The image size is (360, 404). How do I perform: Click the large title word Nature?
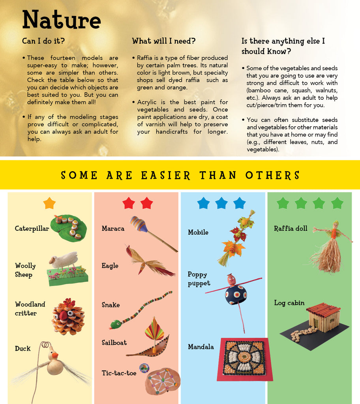(x=61, y=20)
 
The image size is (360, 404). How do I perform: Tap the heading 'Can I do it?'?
(x=43, y=41)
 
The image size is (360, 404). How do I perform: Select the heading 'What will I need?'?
(x=164, y=41)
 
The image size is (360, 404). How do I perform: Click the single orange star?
(x=49, y=203)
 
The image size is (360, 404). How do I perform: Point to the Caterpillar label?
(x=32, y=228)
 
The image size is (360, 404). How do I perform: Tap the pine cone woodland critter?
(x=68, y=317)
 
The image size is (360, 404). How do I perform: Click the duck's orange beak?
(x=55, y=355)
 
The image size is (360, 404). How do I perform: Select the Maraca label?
(x=113, y=228)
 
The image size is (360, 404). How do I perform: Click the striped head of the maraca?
(x=139, y=224)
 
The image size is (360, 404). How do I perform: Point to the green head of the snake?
(x=116, y=324)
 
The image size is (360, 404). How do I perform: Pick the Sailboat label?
(x=114, y=342)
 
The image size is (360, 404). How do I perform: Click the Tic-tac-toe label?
(x=119, y=373)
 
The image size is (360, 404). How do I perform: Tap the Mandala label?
(x=201, y=347)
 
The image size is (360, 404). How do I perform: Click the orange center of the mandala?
(x=243, y=357)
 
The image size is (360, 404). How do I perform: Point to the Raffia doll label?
(x=291, y=228)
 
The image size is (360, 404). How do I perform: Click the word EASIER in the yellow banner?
(x=165, y=176)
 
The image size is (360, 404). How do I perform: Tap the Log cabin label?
(x=289, y=303)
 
